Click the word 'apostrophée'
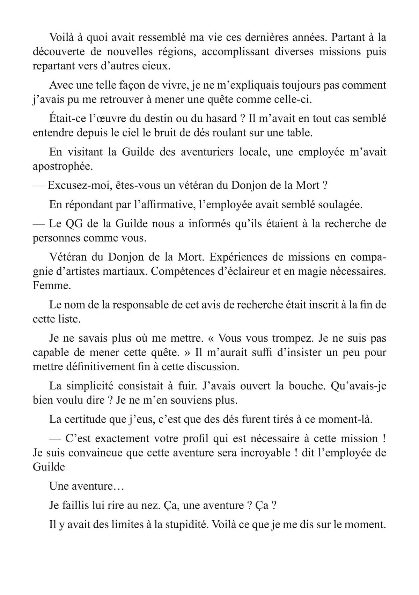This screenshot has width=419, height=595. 62,166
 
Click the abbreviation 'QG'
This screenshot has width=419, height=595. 74,223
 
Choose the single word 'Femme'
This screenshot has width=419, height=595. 51,286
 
